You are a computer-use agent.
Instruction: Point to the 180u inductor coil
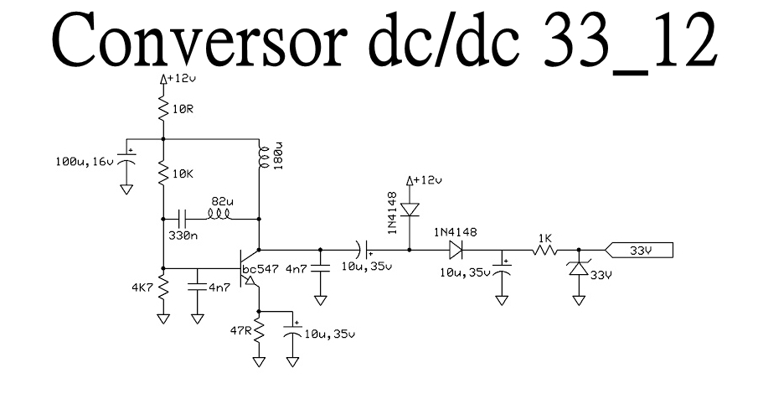(x=260, y=158)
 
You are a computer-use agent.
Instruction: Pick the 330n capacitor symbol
(x=183, y=218)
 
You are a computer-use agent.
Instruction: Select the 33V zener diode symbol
(x=579, y=270)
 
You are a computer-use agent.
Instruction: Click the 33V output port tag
(x=642, y=250)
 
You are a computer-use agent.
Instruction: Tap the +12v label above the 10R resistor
(x=182, y=78)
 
